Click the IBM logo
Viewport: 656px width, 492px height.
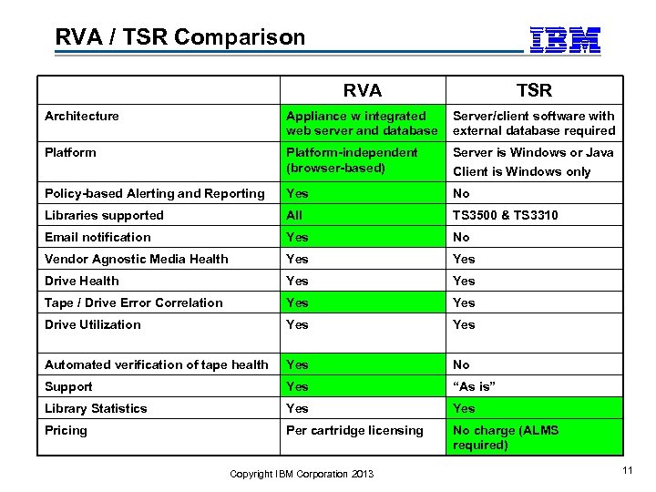[x=565, y=39]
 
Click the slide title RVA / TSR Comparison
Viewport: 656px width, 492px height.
[x=180, y=37]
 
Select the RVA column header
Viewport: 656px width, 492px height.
[x=363, y=90]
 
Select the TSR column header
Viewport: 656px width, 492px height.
[x=534, y=90]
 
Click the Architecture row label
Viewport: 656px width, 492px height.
[x=82, y=116]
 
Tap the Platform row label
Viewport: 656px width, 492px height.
[x=70, y=152]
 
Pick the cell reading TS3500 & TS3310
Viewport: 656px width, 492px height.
[x=507, y=215]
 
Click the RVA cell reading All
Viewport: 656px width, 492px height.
[x=294, y=215]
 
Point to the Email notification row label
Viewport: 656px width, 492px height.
[x=98, y=237]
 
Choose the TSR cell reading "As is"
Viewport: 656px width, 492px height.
[x=476, y=386]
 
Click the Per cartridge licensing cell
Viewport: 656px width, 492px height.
[x=354, y=430]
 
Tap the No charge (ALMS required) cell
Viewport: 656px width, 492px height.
[x=506, y=437]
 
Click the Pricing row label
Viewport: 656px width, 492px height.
[x=66, y=430]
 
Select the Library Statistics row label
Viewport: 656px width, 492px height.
[x=96, y=408]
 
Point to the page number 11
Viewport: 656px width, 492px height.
[x=627, y=470]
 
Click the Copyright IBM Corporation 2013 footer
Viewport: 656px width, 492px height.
[x=301, y=474]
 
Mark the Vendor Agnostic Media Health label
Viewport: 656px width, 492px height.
[x=137, y=259]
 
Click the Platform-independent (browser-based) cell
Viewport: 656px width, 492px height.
[x=352, y=160]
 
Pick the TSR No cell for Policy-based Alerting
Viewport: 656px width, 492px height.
[x=461, y=193]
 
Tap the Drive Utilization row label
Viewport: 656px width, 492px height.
[x=93, y=324]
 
